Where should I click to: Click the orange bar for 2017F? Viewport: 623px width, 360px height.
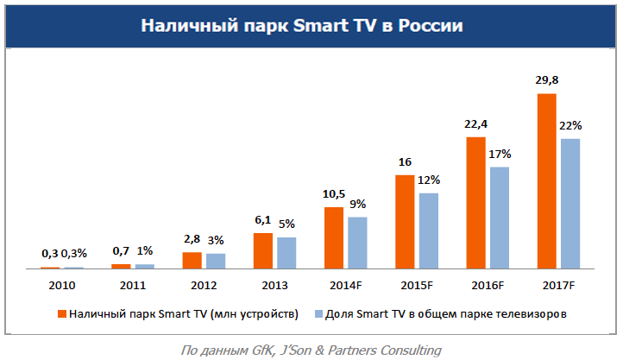(546, 181)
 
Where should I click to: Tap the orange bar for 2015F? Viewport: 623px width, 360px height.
(405, 222)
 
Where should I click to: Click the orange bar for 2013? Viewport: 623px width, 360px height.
(262, 251)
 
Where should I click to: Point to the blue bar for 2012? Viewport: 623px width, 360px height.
(215, 261)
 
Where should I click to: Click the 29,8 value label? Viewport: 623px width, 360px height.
(547, 79)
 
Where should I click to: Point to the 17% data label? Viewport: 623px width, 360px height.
(500, 154)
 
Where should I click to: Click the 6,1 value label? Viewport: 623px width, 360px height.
(262, 220)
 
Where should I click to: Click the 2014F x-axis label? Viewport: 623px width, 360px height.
(344, 284)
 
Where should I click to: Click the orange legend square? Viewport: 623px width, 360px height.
(61, 314)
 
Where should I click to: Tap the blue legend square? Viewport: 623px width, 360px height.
(318, 314)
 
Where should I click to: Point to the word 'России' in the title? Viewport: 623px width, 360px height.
(431, 27)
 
